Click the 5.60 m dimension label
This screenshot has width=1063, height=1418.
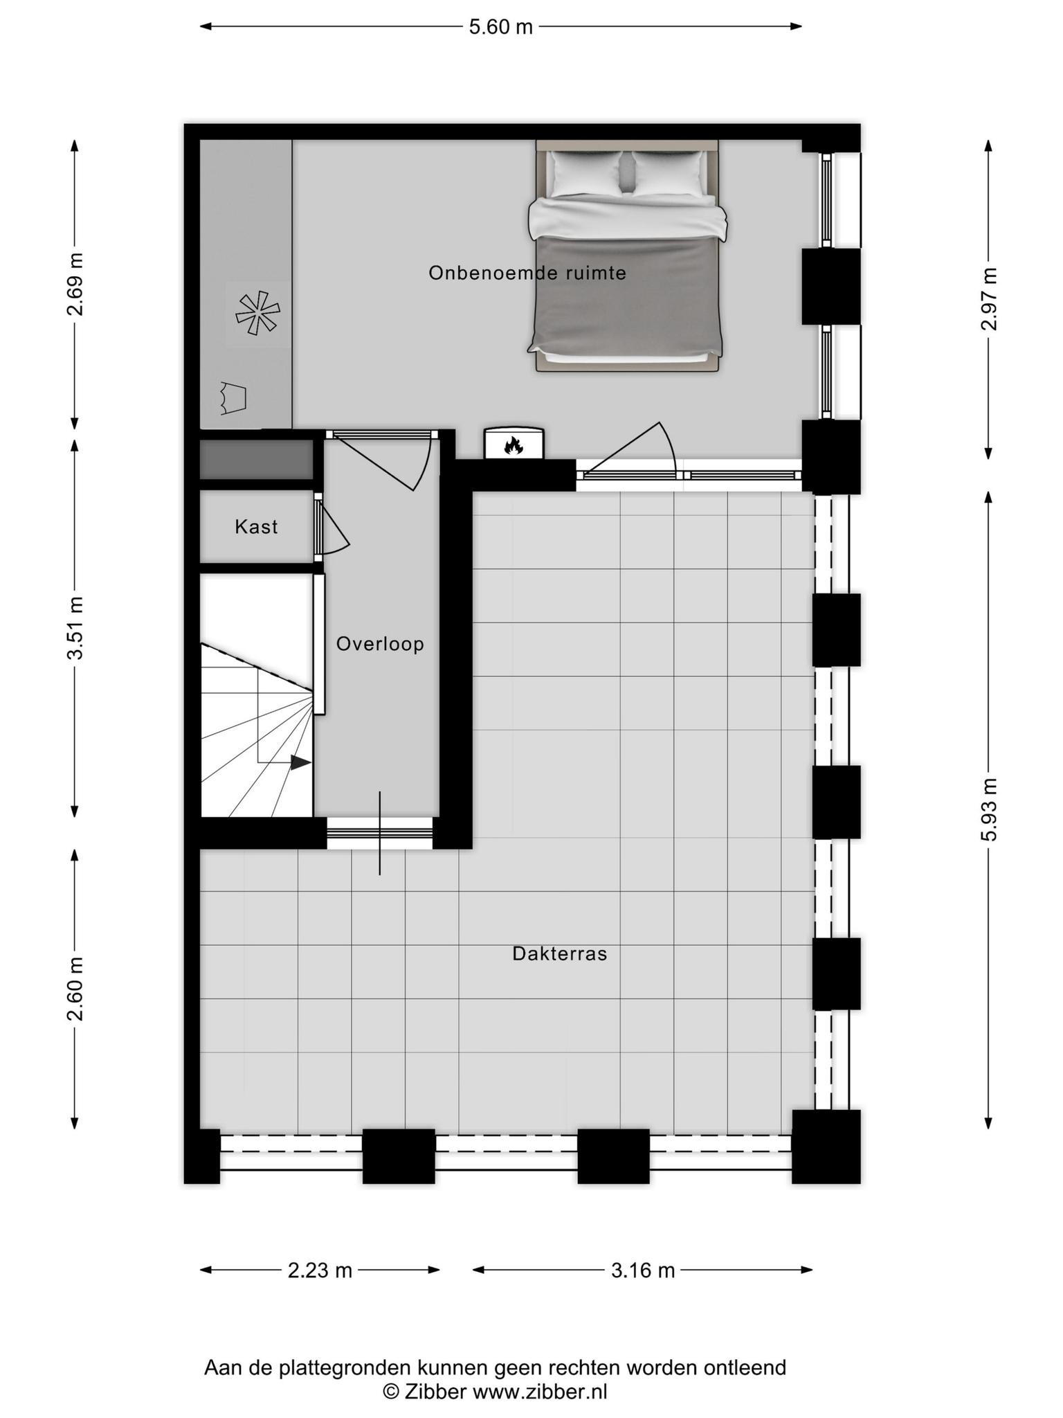click(x=501, y=27)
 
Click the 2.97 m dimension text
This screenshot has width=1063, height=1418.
click(x=990, y=298)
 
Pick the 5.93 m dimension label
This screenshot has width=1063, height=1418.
click(x=990, y=809)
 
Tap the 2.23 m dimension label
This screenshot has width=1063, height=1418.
click(x=320, y=1271)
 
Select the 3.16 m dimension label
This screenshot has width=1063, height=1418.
click(x=643, y=1271)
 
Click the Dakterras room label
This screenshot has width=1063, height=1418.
click(x=560, y=953)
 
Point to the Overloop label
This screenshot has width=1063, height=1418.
click(x=380, y=644)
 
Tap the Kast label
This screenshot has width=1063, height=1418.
click(x=256, y=527)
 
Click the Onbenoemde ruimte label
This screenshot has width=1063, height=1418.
click(x=527, y=273)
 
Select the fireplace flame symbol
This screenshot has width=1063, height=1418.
click(x=513, y=445)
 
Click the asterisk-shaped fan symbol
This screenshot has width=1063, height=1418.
click(x=257, y=313)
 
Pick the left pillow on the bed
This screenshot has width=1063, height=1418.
click(x=585, y=173)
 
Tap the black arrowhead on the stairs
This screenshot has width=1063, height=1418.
click(x=300, y=762)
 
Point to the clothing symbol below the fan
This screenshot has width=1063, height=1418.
click(x=233, y=398)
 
